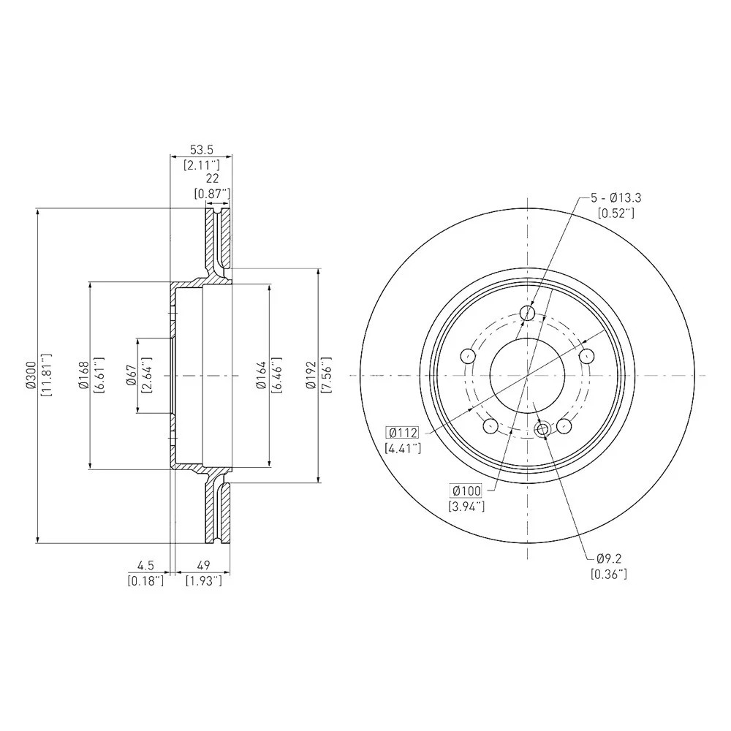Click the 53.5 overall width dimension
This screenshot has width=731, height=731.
point(201,150)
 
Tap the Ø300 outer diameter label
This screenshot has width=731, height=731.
point(31,375)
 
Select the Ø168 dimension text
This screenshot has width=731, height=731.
point(83,375)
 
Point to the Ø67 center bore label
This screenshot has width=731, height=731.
point(131,375)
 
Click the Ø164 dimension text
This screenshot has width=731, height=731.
point(261,375)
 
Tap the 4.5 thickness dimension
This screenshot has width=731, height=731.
point(145,565)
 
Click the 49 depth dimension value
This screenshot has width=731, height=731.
point(204,565)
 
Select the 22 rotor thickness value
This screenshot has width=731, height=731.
point(212,178)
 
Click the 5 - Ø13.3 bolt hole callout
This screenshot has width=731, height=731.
point(616,197)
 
